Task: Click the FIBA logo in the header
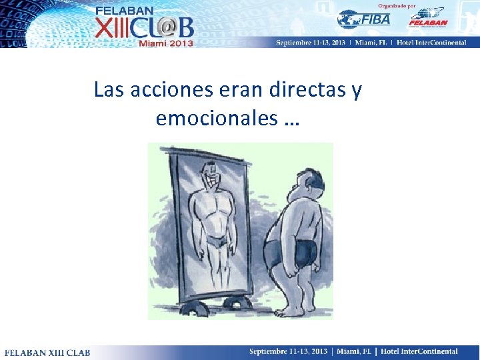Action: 364,19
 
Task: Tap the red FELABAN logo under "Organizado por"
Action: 427,18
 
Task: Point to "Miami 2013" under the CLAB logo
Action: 166,43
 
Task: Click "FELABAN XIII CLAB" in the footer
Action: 47,352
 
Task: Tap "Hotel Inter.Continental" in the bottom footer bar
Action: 418,351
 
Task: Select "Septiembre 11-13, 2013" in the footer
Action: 289,351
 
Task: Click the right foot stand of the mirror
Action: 236,304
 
